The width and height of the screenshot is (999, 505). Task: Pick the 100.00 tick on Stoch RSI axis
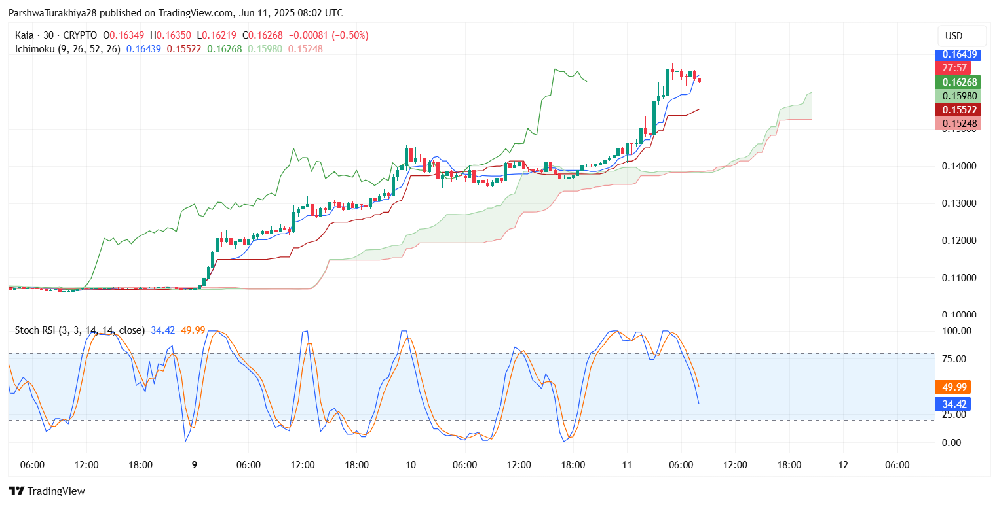[957, 331]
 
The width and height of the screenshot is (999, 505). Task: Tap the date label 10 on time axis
[411, 465]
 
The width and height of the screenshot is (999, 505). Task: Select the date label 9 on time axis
[195, 465]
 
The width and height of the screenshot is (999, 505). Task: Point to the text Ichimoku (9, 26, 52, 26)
[67, 49]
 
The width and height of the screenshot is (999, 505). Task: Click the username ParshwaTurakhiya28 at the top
[51, 13]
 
